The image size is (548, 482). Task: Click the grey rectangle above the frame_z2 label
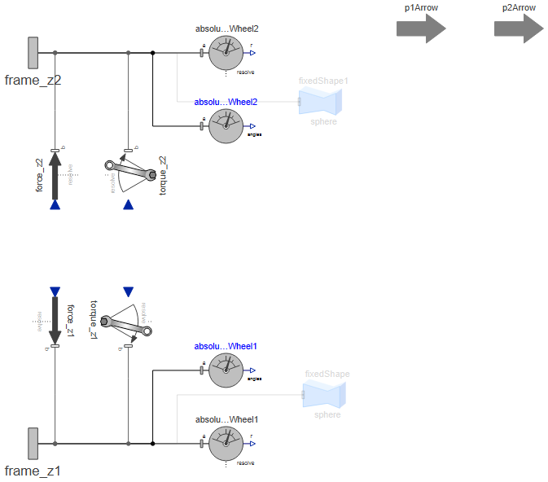coord(33,53)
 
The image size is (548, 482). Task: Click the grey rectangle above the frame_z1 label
coord(33,444)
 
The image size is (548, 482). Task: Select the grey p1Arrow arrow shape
coord(421,28)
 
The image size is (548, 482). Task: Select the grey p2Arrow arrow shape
coord(519,28)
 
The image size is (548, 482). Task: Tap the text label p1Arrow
coord(421,7)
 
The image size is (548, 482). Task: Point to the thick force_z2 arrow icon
coord(55,175)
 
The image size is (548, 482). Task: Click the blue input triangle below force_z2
coord(55,204)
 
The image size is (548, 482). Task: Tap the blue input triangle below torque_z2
coord(128,204)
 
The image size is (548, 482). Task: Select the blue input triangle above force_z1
coord(55,291)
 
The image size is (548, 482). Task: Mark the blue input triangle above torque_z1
coord(128,291)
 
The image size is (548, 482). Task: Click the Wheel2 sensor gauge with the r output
coord(226,54)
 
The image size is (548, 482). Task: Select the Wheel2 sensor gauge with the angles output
coord(226,126)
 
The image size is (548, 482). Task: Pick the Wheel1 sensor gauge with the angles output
coord(226,370)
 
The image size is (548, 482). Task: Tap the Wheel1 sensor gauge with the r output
coord(226,444)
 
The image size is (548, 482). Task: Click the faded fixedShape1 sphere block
coord(321,101)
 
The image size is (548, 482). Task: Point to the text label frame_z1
coord(33,471)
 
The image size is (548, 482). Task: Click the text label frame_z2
coord(33,80)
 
